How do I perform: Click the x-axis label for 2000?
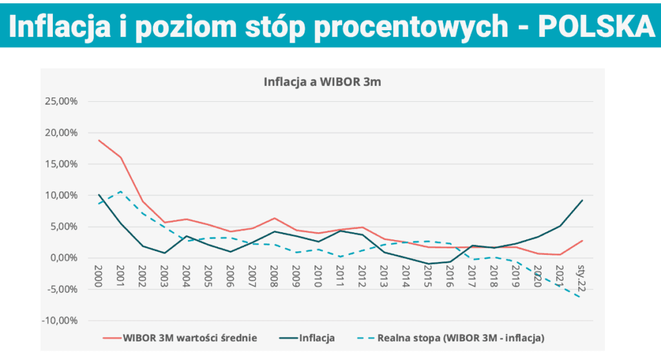pyautogui.click(x=99, y=274)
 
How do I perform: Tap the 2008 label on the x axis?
pyautogui.click(x=274, y=274)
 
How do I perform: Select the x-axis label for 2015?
pyautogui.click(x=428, y=274)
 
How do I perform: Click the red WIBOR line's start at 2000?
pyautogui.click(x=99, y=140)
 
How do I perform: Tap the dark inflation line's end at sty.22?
pyautogui.click(x=582, y=200)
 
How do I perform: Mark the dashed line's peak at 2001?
pyautogui.click(x=120, y=191)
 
